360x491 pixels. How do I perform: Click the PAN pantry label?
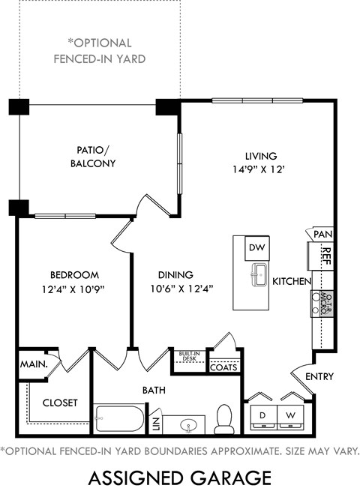coord(322,235)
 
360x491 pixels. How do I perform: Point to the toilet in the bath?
coord(223,420)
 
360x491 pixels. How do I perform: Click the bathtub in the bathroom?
coord(119,419)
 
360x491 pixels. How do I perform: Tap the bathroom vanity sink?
coord(187,425)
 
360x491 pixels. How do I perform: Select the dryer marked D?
coord(262,415)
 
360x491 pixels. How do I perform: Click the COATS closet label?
coord(223,367)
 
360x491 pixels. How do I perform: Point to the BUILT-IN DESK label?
coord(188,356)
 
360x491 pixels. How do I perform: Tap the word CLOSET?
coord(59,403)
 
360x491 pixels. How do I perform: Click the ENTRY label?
coord(319,376)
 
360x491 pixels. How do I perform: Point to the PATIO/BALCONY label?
coord(93,156)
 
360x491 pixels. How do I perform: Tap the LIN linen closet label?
coord(155,425)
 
